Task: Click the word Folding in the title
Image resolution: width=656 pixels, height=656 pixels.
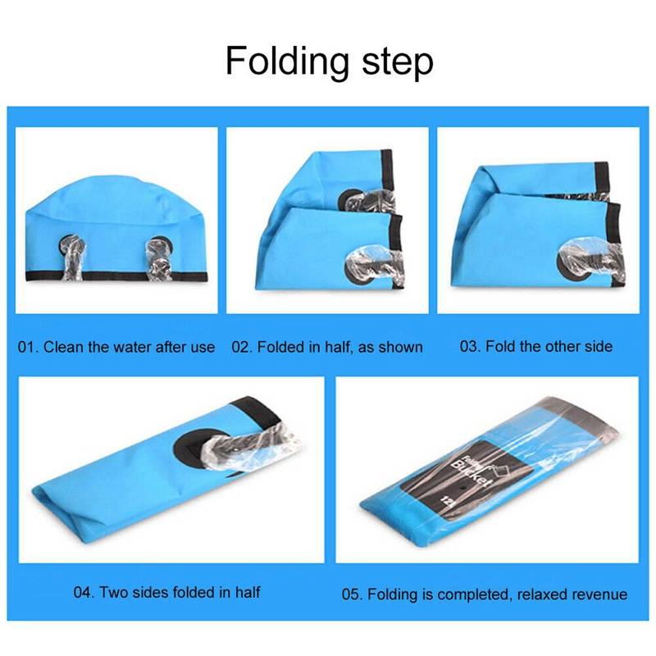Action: (287, 61)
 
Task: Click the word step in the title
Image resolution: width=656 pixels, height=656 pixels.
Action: (398, 62)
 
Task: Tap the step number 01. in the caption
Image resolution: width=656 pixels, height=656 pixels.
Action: (28, 347)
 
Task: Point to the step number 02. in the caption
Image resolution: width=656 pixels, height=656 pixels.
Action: (242, 347)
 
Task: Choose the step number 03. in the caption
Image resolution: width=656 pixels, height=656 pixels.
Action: (470, 346)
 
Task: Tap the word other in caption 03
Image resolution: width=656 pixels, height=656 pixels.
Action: (558, 346)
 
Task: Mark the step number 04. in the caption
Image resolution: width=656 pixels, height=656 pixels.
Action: (84, 592)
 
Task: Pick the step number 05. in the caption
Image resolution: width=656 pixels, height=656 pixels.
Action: (353, 594)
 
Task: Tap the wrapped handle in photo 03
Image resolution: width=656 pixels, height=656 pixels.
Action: (590, 258)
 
